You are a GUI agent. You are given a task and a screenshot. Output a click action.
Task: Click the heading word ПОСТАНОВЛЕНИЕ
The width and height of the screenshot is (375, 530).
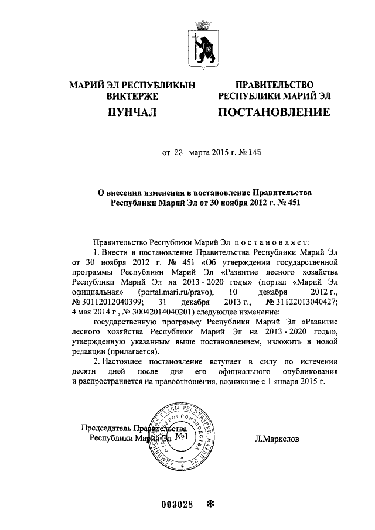pos(273,111)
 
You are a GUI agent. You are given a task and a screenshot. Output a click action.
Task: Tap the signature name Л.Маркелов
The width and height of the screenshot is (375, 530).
pos(277,437)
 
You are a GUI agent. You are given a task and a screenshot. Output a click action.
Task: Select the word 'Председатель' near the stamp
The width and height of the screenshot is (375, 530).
pos(106,428)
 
